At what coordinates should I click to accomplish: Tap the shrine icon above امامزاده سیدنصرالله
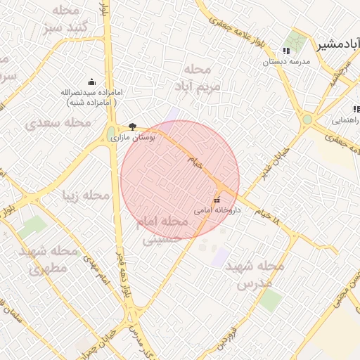91,82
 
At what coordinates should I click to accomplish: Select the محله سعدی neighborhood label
59,123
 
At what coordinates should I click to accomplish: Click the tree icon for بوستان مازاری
132,127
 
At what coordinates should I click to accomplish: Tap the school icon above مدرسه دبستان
286,51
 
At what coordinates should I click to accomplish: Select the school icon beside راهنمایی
356,109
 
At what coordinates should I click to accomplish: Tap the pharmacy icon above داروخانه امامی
216,200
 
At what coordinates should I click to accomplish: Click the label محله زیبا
87,195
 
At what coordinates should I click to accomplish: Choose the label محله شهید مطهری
49,259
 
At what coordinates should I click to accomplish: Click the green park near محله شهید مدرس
271,300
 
